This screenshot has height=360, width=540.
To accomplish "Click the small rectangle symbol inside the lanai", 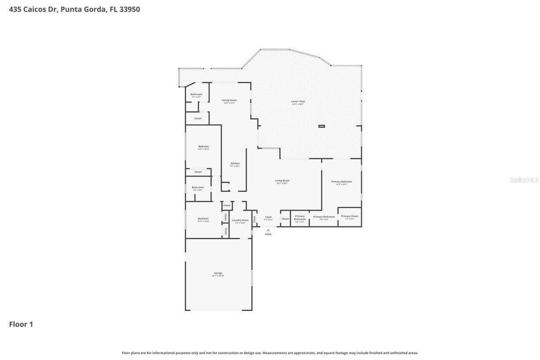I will (321, 126).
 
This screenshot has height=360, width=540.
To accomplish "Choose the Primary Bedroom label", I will (341, 182).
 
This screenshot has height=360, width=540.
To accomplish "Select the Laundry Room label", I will (240, 221).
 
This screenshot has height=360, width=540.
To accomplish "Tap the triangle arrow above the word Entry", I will (268, 230).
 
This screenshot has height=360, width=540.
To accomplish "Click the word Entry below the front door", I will (268, 234).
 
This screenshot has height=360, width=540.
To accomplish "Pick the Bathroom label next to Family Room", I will (196, 95).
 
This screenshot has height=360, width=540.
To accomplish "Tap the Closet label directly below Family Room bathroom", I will (198, 119).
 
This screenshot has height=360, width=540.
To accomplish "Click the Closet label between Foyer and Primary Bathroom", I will (285, 219).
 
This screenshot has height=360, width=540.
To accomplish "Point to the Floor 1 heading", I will (21, 324).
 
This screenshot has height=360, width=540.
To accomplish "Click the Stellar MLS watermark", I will (524, 180).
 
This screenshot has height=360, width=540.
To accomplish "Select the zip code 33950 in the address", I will (130, 9).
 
